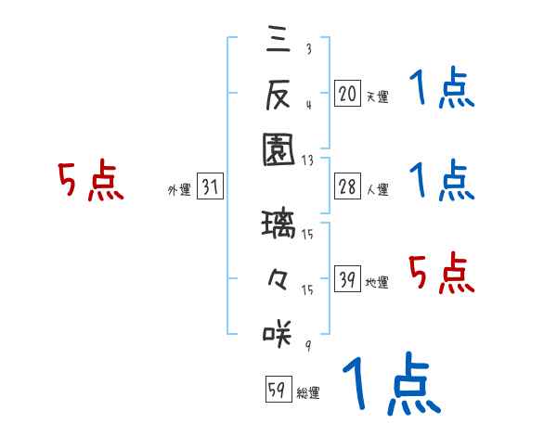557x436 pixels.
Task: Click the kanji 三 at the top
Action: pyautogui.click(x=278, y=39)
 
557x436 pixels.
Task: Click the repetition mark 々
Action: pyautogui.click(x=278, y=278)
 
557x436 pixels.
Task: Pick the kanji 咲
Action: pyautogui.click(x=278, y=331)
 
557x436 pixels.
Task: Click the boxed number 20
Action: pyautogui.click(x=347, y=93)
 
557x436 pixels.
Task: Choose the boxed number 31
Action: pyautogui.click(x=210, y=188)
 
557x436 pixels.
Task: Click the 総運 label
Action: pyautogui.click(x=308, y=393)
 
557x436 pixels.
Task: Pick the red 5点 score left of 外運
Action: pyautogui.click(x=90, y=181)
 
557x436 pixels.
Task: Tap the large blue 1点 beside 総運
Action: pyautogui.click(x=390, y=382)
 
